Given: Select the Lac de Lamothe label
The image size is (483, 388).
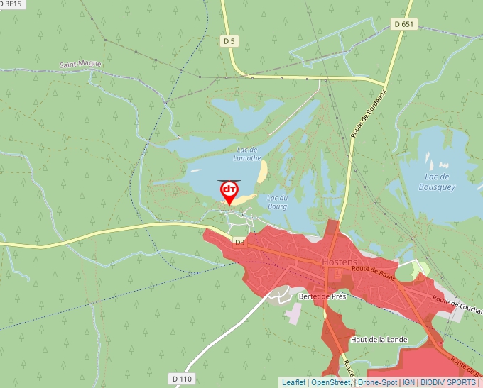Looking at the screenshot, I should [x=248, y=154].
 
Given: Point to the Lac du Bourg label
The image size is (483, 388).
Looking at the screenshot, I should [x=277, y=201].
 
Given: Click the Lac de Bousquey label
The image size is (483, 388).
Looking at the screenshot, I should [x=439, y=182].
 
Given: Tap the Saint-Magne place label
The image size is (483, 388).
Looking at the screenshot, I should [x=80, y=65].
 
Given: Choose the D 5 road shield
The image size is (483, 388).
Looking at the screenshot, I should [x=229, y=42].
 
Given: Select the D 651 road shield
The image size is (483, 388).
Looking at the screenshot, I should [x=403, y=24].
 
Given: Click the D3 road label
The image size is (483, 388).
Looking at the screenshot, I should [x=239, y=242].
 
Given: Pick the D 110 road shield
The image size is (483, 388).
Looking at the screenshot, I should [x=182, y=379].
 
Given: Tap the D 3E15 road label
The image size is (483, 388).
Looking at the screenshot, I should [x=11, y=4].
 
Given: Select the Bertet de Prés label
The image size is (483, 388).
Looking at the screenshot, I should [x=322, y=296].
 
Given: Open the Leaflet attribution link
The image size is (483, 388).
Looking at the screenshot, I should [x=293, y=382].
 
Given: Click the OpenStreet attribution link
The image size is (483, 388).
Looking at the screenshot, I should [x=330, y=382].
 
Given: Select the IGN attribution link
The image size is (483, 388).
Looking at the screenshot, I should [x=408, y=382].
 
